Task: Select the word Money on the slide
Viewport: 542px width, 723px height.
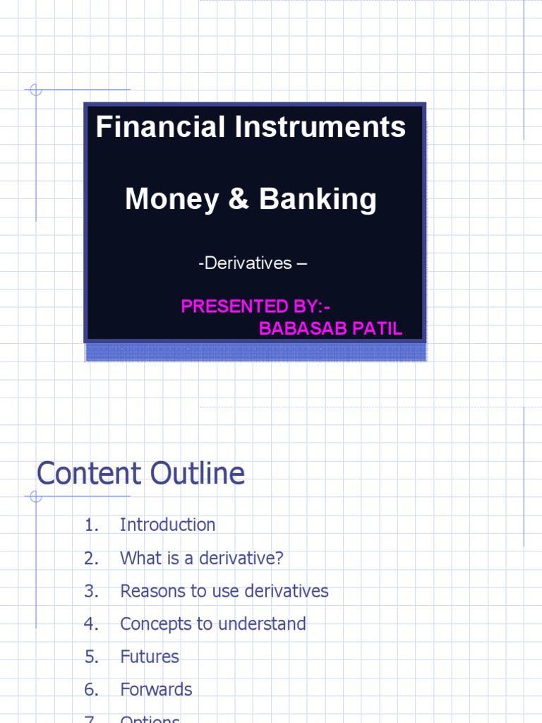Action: point(172,200)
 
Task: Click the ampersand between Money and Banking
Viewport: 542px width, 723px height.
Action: point(239,200)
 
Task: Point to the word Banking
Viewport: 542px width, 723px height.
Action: point(318,200)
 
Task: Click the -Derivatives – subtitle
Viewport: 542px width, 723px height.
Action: point(253,263)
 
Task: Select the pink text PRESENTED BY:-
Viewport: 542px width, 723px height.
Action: point(255,306)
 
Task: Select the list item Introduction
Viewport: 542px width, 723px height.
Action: point(168,525)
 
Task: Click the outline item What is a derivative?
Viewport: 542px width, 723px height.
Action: point(202,558)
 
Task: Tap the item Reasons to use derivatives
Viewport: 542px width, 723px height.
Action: point(224,591)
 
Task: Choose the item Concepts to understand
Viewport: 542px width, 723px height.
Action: point(213,623)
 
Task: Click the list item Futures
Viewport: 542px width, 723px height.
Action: point(150,657)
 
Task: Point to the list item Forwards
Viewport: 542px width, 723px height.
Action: point(156,689)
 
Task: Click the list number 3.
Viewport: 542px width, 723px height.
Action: point(90,591)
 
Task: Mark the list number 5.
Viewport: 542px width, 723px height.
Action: point(90,657)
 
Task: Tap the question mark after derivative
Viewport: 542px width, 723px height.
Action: point(279,558)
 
